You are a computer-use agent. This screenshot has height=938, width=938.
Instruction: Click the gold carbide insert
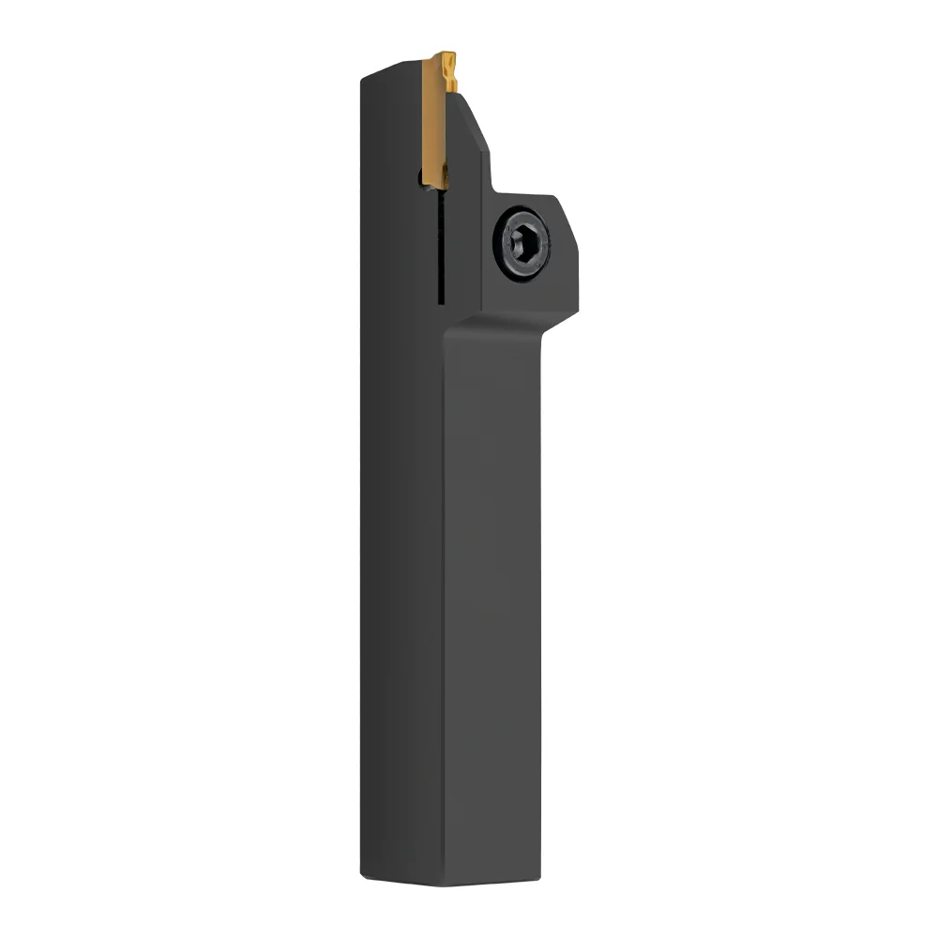tap(434, 122)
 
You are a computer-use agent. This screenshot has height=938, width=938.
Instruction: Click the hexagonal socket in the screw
tap(522, 242)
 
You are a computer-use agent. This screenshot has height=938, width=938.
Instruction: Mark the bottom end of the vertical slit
tap(438, 302)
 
